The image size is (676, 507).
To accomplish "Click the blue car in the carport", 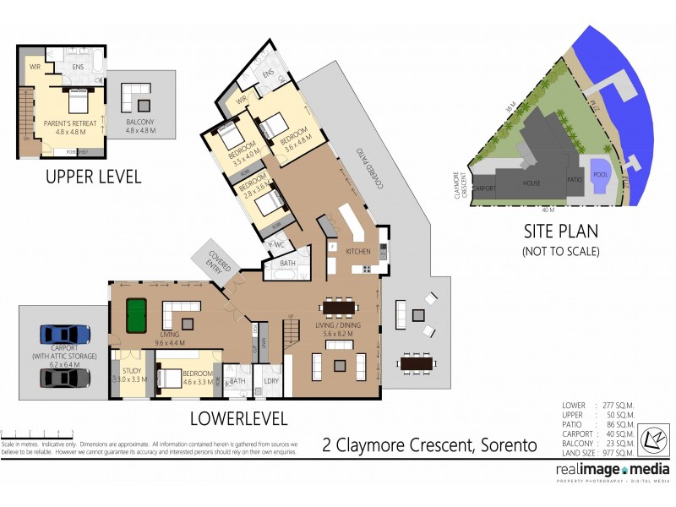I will tap(64, 333).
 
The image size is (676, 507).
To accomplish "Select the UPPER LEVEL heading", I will tap(93, 177).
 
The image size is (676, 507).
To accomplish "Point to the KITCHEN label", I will tap(357, 252).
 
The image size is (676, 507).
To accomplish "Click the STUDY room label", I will tap(130, 369).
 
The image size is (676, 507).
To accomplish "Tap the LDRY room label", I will tap(272, 381).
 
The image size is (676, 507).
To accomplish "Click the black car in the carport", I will tap(64, 377).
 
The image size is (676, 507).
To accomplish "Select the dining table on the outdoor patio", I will tap(417, 364).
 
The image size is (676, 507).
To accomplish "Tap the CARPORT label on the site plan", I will tap(483, 188).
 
